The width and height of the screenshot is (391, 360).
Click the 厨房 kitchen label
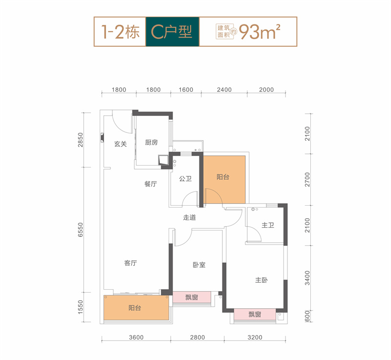point(152,142)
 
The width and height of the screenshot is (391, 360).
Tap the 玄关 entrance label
point(120,144)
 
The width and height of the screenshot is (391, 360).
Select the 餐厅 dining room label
point(151,184)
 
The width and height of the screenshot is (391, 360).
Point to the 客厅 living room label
point(130,263)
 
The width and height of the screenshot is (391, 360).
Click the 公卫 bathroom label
point(185,178)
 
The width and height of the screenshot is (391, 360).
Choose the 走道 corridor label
point(190,217)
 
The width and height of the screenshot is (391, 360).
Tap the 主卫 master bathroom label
point(268,225)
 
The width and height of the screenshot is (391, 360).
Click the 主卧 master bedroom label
point(261,280)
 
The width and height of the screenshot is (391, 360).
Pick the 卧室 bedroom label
point(199,265)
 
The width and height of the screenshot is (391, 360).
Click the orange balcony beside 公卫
point(224,180)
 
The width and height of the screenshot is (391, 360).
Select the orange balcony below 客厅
point(136,308)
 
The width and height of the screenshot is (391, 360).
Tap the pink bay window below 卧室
point(192,297)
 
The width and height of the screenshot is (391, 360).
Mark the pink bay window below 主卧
point(255,315)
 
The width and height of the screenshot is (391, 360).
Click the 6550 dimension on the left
point(80,230)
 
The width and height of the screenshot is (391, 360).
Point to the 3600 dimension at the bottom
point(136,338)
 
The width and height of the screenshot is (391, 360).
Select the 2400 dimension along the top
point(224,90)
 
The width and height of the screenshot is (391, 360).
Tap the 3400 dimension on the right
point(307,278)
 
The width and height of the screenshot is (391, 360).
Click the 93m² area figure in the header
point(260,32)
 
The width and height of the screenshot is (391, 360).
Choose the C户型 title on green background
point(172,32)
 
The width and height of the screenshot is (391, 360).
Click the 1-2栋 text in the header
point(120,32)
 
